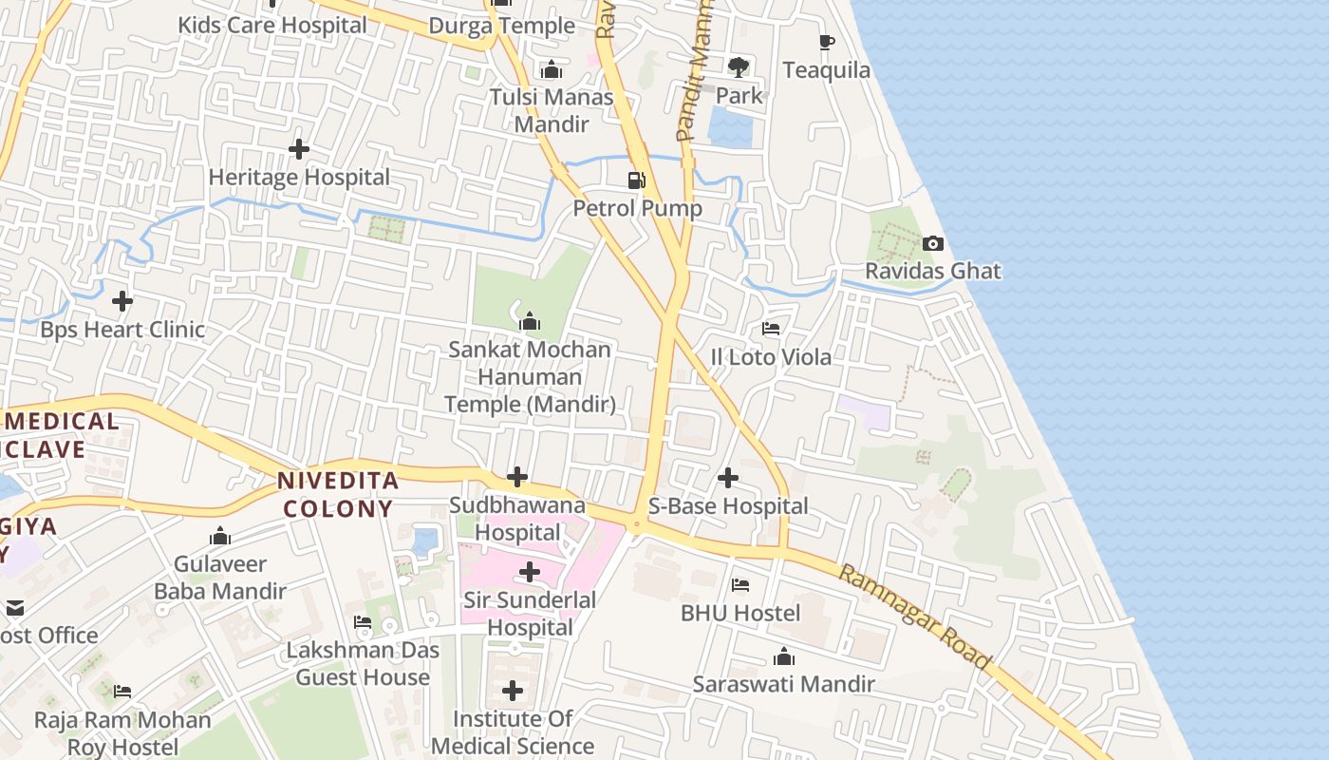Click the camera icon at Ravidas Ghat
(x=933, y=244)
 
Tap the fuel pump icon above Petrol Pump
(x=637, y=180)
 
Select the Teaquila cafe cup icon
(x=827, y=43)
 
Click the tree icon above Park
(x=738, y=67)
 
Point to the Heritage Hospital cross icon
(x=299, y=149)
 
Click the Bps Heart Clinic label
(x=122, y=330)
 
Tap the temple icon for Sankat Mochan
(x=530, y=322)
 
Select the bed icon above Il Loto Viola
(x=771, y=330)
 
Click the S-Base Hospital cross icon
(x=728, y=478)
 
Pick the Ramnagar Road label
(x=915, y=616)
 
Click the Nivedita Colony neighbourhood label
(x=338, y=494)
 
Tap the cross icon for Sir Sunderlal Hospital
(x=530, y=572)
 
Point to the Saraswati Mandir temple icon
(x=783, y=656)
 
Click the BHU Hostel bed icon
(x=740, y=585)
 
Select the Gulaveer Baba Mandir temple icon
(x=220, y=537)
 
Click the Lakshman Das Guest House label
(x=364, y=664)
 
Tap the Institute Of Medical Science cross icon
(x=513, y=691)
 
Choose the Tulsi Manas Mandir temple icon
(x=551, y=69)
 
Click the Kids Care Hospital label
(x=272, y=25)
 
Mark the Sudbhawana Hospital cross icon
(x=517, y=477)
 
